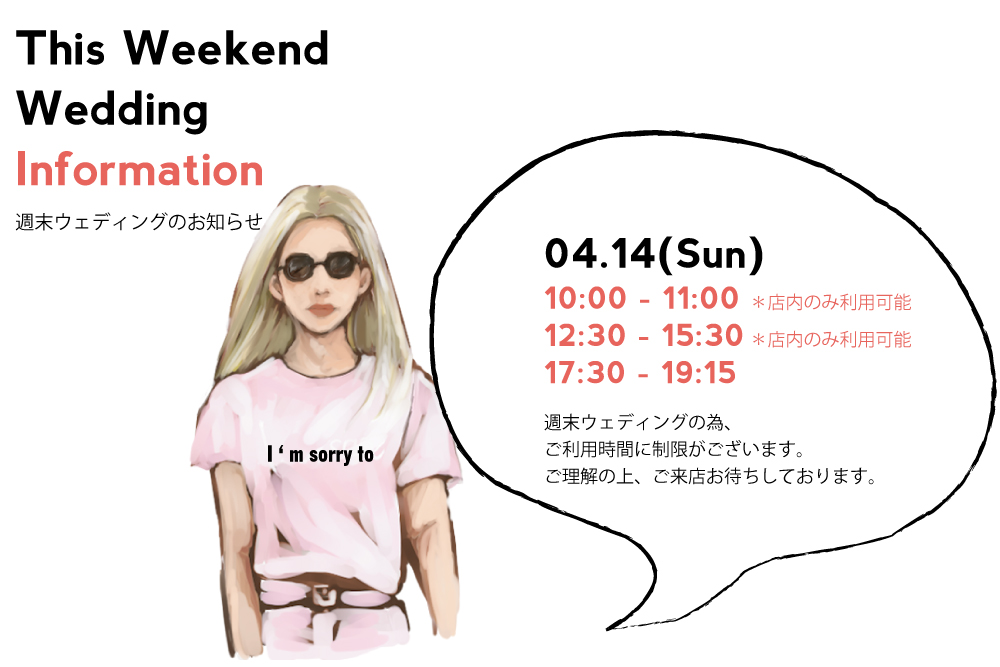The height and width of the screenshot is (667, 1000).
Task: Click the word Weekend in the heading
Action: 226,48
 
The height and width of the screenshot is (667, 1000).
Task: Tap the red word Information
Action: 140,170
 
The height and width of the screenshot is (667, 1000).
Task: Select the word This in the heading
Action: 60,48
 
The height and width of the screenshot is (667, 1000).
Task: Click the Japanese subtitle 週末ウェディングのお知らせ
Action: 139,221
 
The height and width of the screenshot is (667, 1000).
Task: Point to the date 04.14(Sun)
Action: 654,254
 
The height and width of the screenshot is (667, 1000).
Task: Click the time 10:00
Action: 585,298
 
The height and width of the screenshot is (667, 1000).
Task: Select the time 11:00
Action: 700,298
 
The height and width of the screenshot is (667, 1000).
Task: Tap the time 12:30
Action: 585,335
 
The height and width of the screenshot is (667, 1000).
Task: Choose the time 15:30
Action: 702,335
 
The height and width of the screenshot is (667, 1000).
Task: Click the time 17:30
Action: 584,372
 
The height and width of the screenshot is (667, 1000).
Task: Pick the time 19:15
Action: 698,372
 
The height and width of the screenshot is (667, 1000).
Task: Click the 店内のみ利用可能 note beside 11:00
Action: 832,302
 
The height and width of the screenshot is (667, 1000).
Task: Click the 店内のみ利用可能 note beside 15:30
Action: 832,339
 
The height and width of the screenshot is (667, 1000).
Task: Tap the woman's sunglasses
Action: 320,265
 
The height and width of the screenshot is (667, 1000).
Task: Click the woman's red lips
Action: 322,310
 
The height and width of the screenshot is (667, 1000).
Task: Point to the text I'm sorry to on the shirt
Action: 320,455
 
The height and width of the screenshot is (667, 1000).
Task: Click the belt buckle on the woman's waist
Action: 325,596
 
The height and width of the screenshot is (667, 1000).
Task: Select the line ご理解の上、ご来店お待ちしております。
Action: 711,476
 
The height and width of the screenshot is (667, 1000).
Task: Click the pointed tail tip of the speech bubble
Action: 607,629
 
